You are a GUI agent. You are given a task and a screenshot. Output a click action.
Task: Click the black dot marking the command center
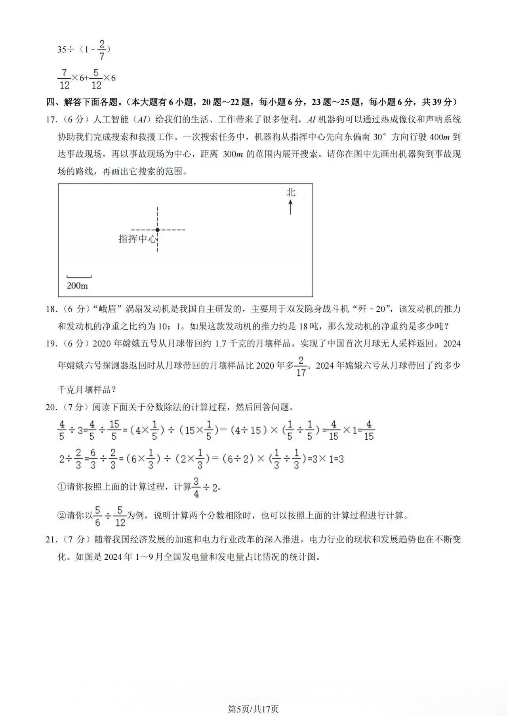point(157,229)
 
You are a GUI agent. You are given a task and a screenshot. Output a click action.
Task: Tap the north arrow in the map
point(291,207)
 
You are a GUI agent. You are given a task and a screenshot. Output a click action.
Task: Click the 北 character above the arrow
point(291,192)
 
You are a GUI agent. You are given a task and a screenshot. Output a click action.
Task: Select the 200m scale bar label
point(77,285)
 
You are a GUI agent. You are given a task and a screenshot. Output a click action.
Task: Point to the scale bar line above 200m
point(79,277)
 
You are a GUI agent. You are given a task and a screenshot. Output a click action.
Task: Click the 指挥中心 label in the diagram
point(137,239)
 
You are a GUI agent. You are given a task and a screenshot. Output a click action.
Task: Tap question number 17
point(51,119)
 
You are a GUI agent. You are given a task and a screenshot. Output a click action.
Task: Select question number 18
point(51,309)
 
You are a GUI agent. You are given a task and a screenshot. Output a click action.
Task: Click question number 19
point(51,343)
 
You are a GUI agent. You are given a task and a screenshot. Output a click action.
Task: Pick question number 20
point(51,407)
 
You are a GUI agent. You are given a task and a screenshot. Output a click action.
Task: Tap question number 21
point(51,539)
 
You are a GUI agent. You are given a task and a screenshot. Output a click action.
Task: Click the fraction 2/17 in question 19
point(301,366)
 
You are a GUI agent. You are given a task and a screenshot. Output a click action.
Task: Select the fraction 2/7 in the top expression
point(102,50)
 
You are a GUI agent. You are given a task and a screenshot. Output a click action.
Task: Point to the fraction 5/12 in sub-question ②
point(120,516)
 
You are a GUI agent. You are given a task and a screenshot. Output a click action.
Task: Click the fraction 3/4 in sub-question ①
point(196,487)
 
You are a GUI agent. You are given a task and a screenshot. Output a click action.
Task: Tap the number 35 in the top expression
point(62,49)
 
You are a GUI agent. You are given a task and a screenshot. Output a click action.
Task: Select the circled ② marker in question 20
point(61,516)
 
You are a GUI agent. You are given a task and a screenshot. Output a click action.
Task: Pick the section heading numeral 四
point(50,102)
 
